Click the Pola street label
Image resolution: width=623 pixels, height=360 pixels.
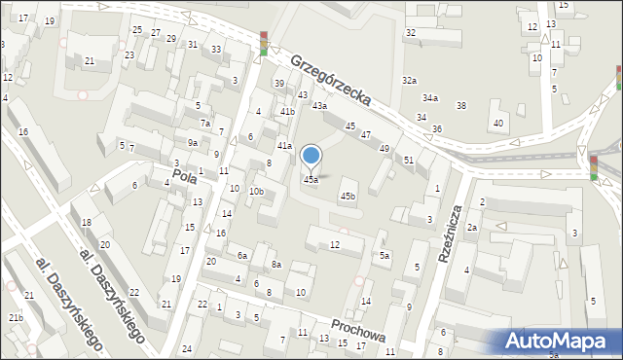click(185, 176)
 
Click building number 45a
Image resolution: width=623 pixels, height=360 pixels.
click(311, 180)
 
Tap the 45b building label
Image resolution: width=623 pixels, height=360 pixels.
click(348, 197)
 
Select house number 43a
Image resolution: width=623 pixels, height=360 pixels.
click(318, 105)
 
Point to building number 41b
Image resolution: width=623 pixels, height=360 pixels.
click(287, 112)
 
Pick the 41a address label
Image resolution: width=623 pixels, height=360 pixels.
click(284, 146)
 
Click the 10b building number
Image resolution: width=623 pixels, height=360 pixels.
click(256, 192)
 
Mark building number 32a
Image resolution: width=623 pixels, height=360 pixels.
click(410, 81)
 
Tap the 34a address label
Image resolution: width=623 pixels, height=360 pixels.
click(429, 98)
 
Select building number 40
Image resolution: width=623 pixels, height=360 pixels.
click(498, 123)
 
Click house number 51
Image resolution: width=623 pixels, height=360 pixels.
click(409, 160)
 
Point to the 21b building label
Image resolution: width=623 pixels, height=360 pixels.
click(16, 318)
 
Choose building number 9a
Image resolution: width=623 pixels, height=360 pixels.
click(193, 143)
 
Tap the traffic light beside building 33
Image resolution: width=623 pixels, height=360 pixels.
click(264, 44)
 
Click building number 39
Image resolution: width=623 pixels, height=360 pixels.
click(278, 84)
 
